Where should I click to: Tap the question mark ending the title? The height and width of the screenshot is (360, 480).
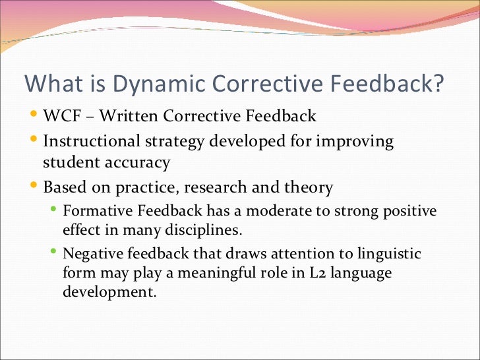point(437,84)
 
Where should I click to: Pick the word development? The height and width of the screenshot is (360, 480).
point(109,291)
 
